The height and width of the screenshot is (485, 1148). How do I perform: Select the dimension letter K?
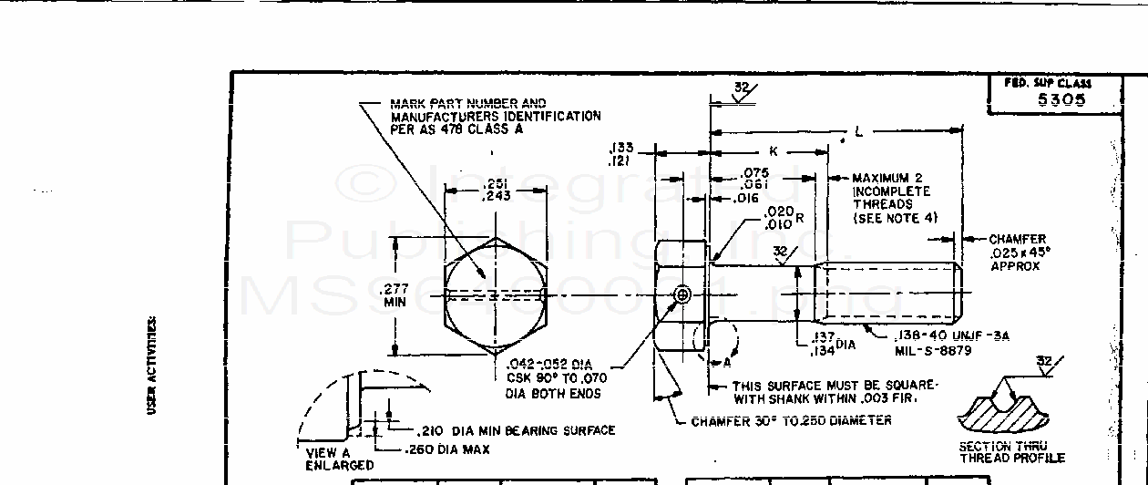(x=773, y=150)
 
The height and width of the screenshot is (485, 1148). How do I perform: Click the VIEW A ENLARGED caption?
(x=328, y=459)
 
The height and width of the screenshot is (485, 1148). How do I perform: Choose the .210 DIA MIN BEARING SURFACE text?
(x=516, y=430)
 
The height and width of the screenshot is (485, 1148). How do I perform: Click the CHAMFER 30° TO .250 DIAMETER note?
(x=791, y=421)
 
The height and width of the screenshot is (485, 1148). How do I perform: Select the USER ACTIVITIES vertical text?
(x=153, y=366)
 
